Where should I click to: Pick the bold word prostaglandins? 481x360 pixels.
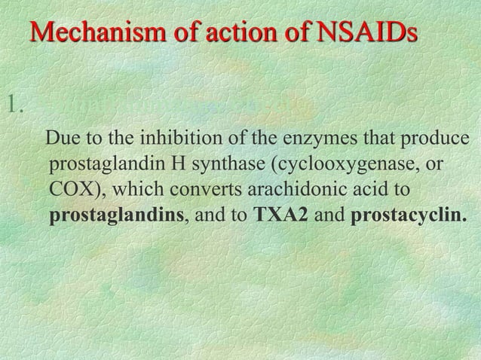click(x=117, y=216)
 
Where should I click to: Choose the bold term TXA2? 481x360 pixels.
click(x=280, y=216)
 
